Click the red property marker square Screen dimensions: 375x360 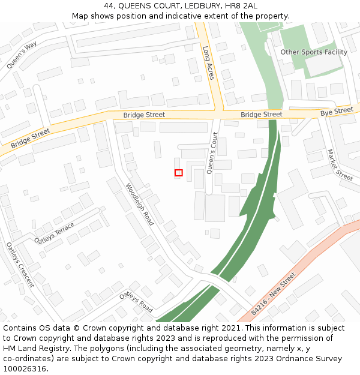[178, 173]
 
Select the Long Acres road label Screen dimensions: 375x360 [208, 63]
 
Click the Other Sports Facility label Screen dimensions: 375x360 [314, 52]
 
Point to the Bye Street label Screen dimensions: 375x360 [337, 112]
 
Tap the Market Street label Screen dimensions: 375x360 [340, 165]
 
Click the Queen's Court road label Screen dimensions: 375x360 [212, 154]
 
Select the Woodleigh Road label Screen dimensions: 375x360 [140, 205]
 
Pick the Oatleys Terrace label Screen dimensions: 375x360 [55, 233]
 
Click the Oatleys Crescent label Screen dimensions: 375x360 [20, 264]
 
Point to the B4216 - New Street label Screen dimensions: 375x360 [274, 294]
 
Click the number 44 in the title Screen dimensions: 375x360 [117, 5]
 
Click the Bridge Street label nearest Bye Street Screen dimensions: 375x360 [261, 114]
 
